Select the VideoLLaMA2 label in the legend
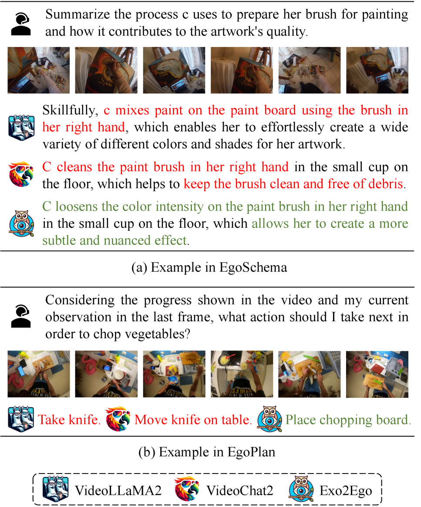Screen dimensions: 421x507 [x=118, y=490]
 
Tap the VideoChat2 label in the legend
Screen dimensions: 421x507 [x=240, y=490]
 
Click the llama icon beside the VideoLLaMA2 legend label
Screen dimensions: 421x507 [x=55, y=489]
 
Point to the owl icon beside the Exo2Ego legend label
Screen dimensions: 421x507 [x=301, y=489]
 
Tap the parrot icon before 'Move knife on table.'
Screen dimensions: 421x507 [x=118, y=419]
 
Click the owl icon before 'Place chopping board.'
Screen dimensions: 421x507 [x=269, y=419]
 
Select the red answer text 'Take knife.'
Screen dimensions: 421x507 [x=69, y=420]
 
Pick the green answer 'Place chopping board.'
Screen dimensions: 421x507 [x=348, y=420]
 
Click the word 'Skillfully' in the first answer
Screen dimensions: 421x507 [x=70, y=110]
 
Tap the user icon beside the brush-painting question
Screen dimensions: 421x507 [x=21, y=24]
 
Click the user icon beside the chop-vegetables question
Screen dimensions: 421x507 [x=21, y=316]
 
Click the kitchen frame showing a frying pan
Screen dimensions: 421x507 [x=242, y=374]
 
